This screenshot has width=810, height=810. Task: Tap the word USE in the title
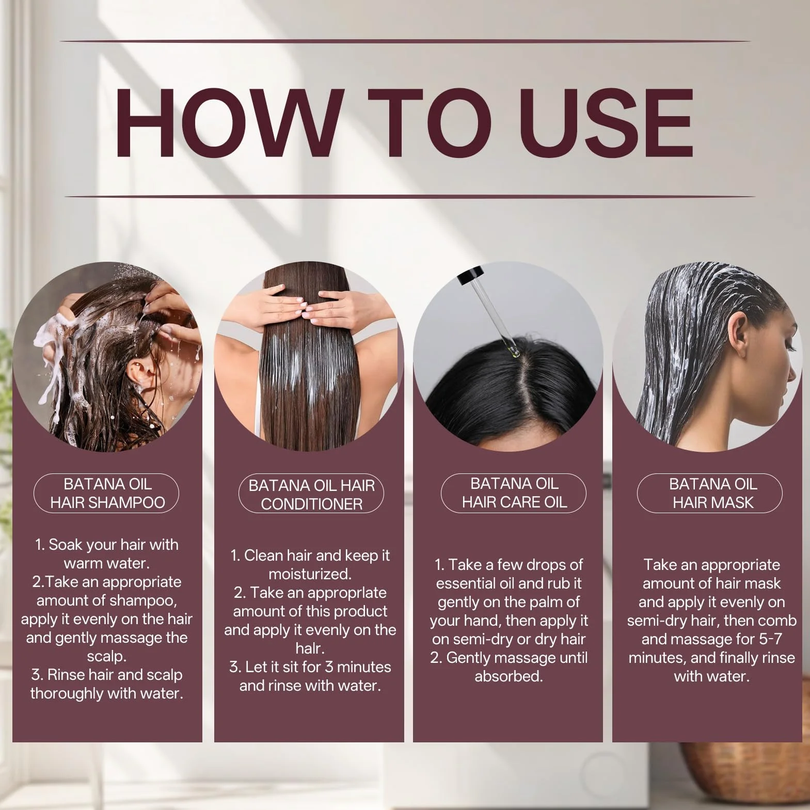coord(606,122)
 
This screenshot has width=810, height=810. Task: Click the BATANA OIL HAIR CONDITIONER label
coord(311,495)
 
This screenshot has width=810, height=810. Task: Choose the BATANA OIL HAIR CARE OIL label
coord(514,493)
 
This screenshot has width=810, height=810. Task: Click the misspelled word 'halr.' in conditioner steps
coord(310,648)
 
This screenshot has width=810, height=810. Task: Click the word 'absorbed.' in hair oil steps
coord(509,676)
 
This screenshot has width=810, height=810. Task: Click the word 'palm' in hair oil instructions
coord(545,602)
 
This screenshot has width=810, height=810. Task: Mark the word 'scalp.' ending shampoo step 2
coord(107,657)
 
